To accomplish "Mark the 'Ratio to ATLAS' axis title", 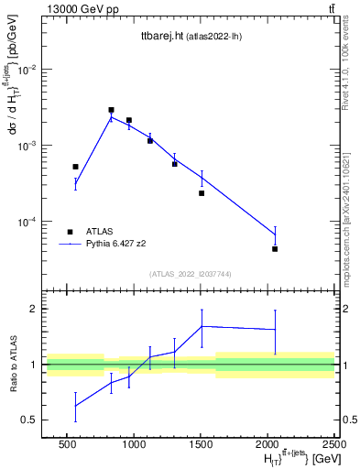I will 12,364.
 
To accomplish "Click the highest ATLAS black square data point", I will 111,110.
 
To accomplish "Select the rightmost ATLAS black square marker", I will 275,248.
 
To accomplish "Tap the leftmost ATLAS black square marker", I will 75,167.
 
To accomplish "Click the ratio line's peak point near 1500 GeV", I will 202,326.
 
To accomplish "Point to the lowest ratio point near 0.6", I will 75,406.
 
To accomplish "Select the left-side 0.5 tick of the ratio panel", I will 29,420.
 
